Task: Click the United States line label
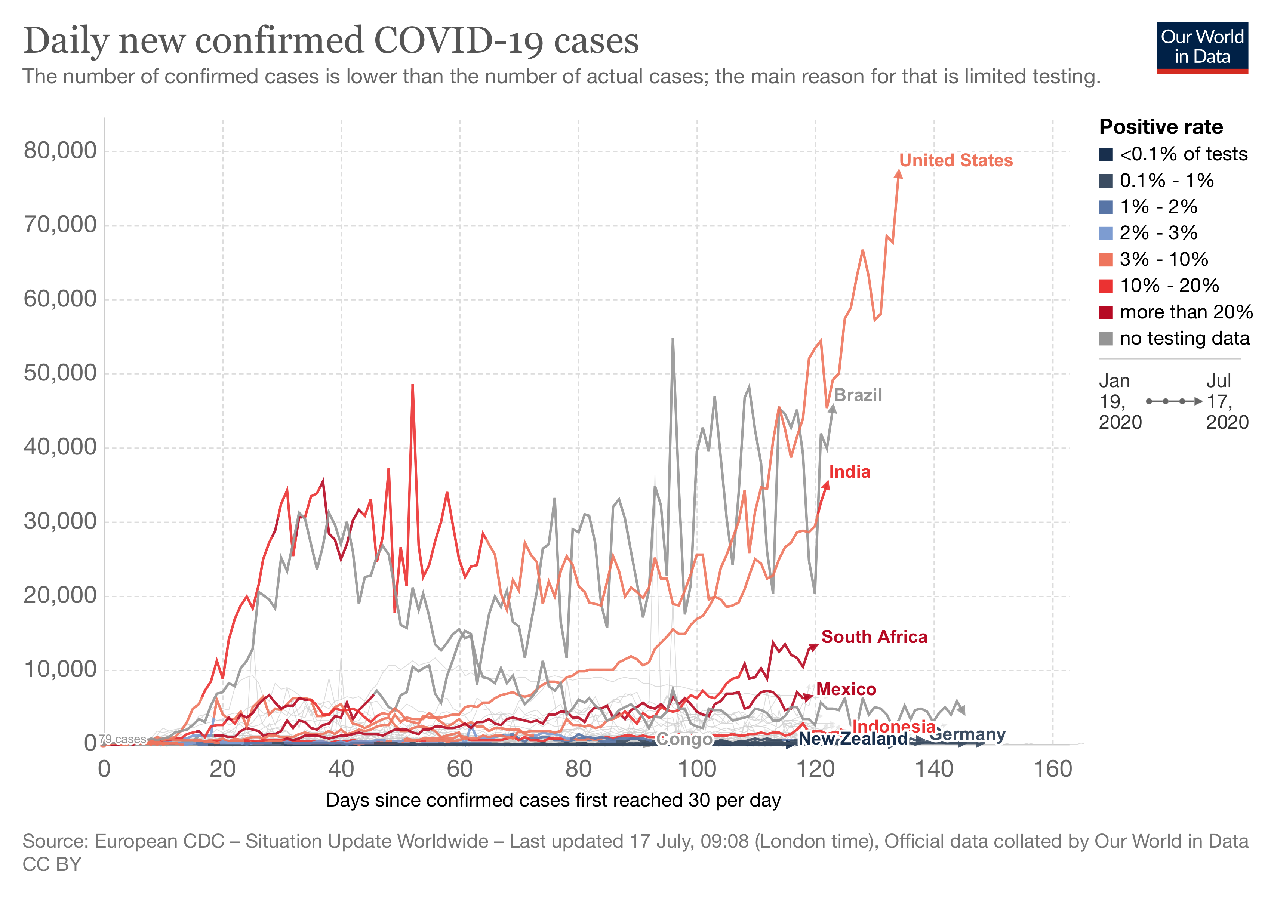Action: pyautogui.click(x=955, y=160)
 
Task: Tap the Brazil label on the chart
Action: pyautogui.click(x=858, y=395)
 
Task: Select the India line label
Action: pyautogui.click(x=849, y=472)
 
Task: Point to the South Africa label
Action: pyautogui.click(x=874, y=637)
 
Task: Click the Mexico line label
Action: pyautogui.click(x=846, y=690)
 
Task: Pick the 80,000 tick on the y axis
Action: pyautogui.click(x=60, y=151)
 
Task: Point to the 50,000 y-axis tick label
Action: pyautogui.click(x=60, y=373)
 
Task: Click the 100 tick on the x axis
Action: pyautogui.click(x=697, y=769)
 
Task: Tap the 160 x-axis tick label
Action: pyautogui.click(x=1053, y=769)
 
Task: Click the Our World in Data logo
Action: pyautogui.click(x=1202, y=48)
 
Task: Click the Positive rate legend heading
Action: pyautogui.click(x=1161, y=127)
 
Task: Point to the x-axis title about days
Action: pyautogui.click(x=553, y=801)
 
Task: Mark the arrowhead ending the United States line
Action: pyautogui.click(x=898, y=174)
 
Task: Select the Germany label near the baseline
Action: pyautogui.click(x=967, y=735)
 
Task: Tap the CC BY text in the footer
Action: pyautogui.click(x=52, y=864)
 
